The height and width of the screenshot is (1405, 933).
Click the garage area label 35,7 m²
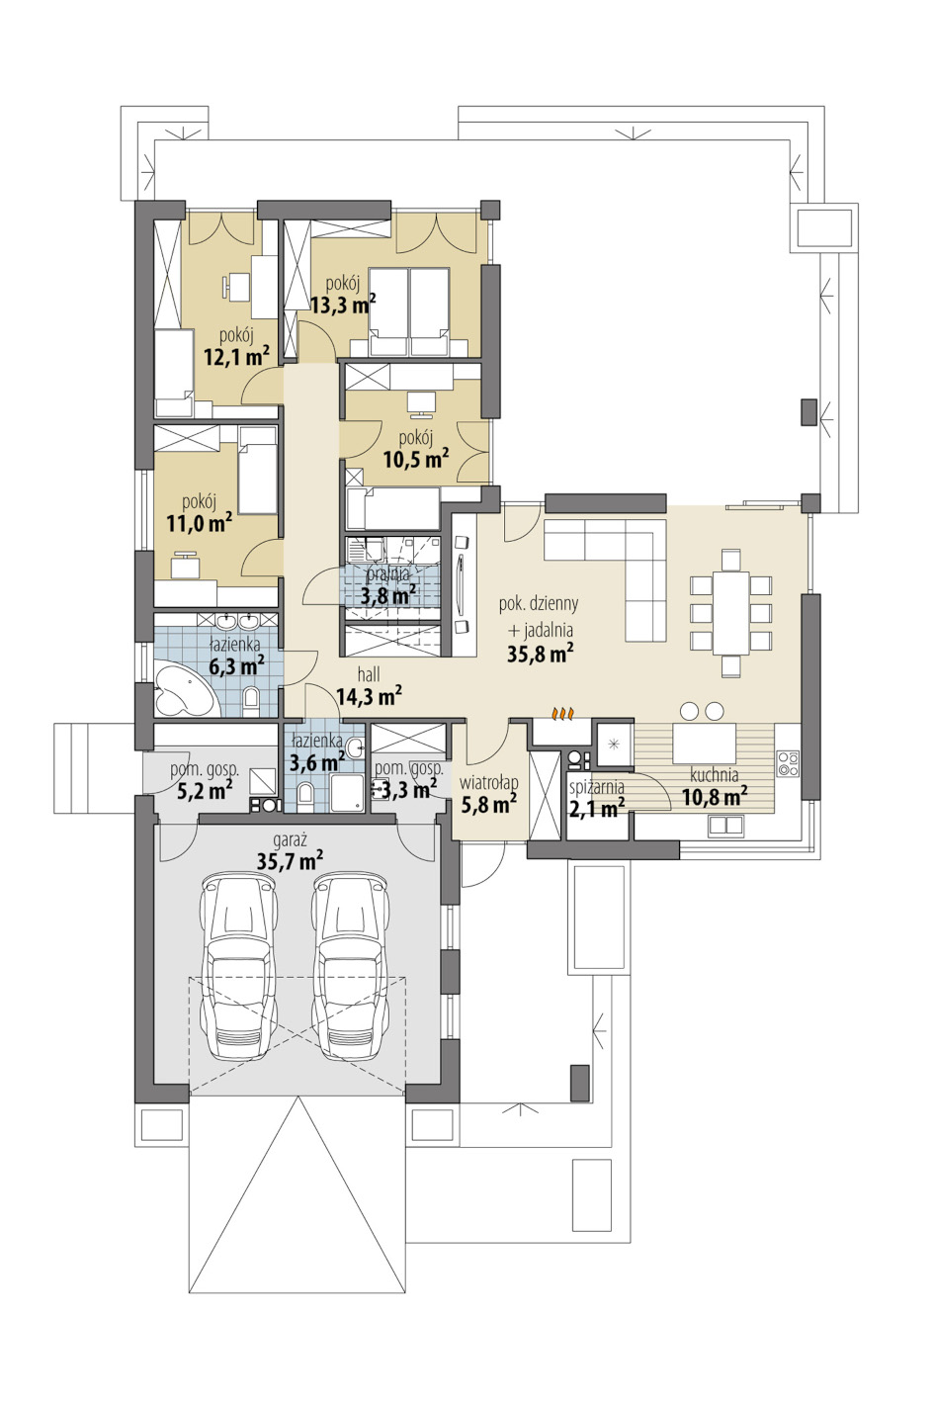click(290, 860)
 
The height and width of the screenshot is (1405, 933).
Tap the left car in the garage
click(239, 966)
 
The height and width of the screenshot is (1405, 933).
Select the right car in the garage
click(351, 966)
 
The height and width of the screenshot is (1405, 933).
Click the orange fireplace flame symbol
click(562, 713)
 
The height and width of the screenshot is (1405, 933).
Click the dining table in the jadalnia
click(729, 613)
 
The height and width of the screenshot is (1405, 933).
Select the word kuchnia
click(714, 774)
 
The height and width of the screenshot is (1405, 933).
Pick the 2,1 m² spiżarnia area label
click(596, 808)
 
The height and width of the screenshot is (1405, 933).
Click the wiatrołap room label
click(488, 783)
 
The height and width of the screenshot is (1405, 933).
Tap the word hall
click(368, 675)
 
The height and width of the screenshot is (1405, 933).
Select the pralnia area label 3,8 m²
click(387, 594)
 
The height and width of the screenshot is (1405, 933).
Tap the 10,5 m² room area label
click(416, 459)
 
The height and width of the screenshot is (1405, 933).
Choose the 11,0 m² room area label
click(200, 522)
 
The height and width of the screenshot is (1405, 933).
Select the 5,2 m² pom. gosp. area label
click(205, 790)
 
